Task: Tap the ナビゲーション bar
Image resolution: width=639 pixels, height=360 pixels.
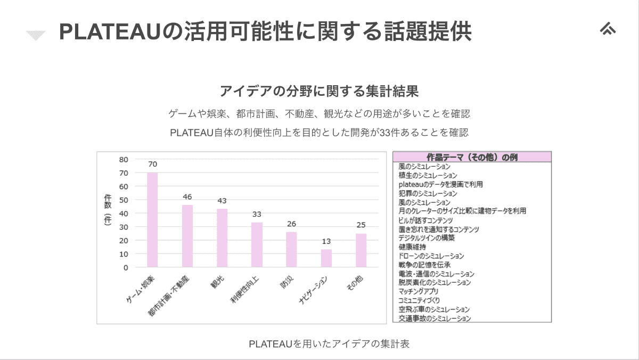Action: coord(326,258)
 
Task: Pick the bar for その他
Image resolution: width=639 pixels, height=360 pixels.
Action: coord(361,250)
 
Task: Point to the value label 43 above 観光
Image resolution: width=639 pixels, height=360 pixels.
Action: coord(222,201)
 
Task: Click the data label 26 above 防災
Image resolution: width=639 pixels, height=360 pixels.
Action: coord(291,224)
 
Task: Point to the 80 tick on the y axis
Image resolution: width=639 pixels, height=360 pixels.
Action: coord(124,159)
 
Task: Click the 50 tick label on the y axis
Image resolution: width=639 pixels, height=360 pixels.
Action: coord(124,200)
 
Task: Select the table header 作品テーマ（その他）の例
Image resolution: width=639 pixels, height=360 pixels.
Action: coord(472,157)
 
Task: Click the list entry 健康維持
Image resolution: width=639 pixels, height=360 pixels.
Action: coord(412,247)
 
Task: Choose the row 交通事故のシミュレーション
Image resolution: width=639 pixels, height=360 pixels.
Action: coord(435,318)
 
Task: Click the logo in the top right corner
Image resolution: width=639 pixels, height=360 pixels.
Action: coord(607,29)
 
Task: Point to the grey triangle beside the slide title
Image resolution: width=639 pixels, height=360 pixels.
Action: coord(36,36)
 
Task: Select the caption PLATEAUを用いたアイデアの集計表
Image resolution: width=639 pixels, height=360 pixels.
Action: coord(329,343)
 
